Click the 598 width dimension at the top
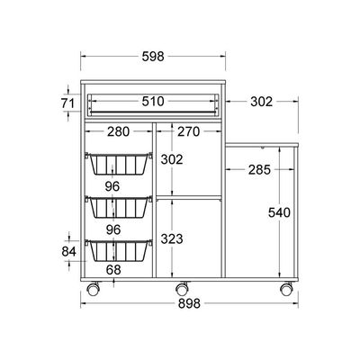point(153,56)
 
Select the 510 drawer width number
point(153,102)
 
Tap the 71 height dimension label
point(67,103)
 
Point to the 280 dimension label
point(119,131)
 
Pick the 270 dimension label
point(188,131)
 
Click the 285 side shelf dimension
point(259,170)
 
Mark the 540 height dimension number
point(279,212)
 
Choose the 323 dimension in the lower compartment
point(172,239)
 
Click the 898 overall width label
point(189,303)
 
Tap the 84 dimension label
point(69,251)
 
